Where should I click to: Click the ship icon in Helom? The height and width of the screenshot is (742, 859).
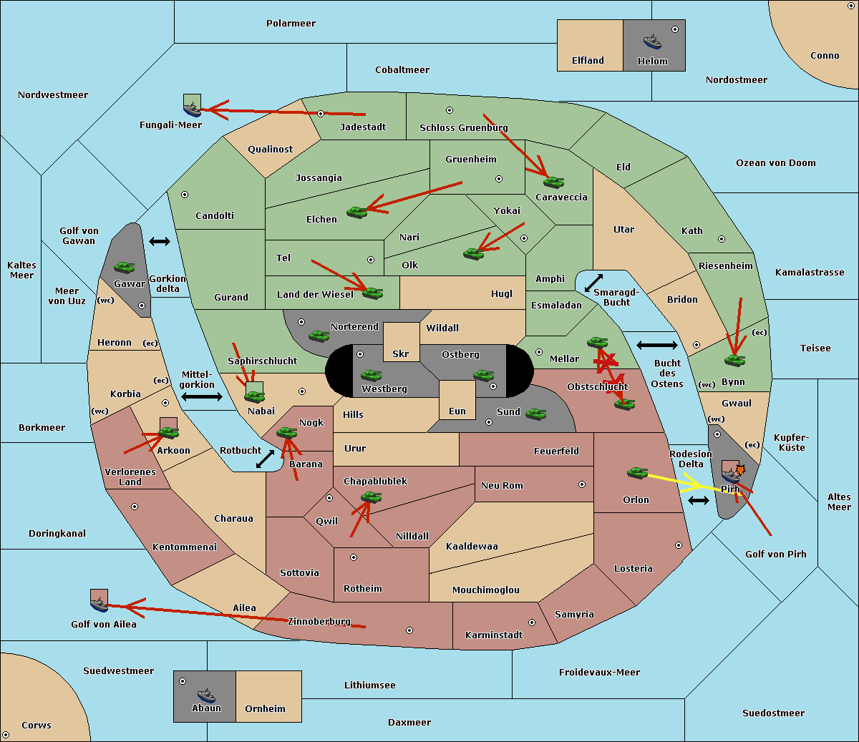tap(652, 42)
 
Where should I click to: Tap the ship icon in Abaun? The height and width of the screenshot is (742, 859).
tap(207, 695)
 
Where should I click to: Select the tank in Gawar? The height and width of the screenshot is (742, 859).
tap(125, 267)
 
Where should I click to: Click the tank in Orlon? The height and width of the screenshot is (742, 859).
tap(638, 472)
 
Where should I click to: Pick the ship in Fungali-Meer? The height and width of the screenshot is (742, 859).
tap(192, 109)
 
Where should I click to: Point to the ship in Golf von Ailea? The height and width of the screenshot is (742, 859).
tap(99, 605)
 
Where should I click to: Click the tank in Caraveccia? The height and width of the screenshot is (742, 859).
tap(553, 182)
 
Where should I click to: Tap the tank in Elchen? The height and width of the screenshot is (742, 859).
tap(357, 213)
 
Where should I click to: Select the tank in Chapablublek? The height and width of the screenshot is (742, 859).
tap(371, 497)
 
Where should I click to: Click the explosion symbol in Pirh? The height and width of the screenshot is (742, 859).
tap(740, 470)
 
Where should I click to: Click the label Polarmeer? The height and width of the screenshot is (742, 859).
tap(291, 24)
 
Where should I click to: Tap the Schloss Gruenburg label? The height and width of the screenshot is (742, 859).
tap(463, 127)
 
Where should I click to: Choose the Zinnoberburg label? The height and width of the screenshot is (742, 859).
tap(319, 622)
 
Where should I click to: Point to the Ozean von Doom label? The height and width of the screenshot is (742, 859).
tap(776, 163)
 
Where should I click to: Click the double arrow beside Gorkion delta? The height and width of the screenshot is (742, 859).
tap(160, 241)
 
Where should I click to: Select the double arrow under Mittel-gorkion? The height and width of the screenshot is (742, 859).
tap(202, 396)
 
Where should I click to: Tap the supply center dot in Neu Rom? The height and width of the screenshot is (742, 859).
tap(582, 484)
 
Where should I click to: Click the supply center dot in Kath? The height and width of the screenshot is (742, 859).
tap(722, 239)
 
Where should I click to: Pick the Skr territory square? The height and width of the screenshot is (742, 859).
tap(401, 342)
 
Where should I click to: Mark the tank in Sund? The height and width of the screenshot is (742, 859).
tap(535, 414)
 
